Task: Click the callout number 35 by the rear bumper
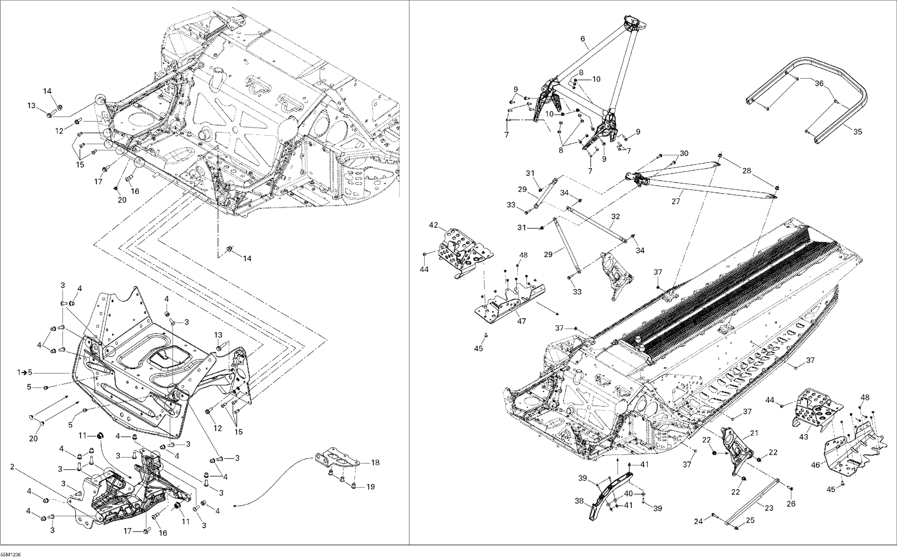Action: pyautogui.click(x=858, y=131)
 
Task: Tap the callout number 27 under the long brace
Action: pyautogui.click(x=676, y=202)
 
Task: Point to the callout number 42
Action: pyautogui.click(x=433, y=225)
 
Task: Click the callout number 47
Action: pyautogui.click(x=521, y=321)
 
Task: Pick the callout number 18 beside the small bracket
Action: pyautogui.click(x=376, y=462)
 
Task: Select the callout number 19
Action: pyautogui.click(x=371, y=487)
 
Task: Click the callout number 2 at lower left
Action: pyautogui.click(x=12, y=467)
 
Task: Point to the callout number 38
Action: pyautogui.click(x=579, y=501)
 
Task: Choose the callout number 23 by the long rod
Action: pyautogui.click(x=769, y=508)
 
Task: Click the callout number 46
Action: pyautogui.click(x=815, y=465)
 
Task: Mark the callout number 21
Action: pyautogui.click(x=753, y=433)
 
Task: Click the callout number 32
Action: pyautogui.click(x=615, y=216)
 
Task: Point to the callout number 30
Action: pyautogui.click(x=684, y=153)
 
